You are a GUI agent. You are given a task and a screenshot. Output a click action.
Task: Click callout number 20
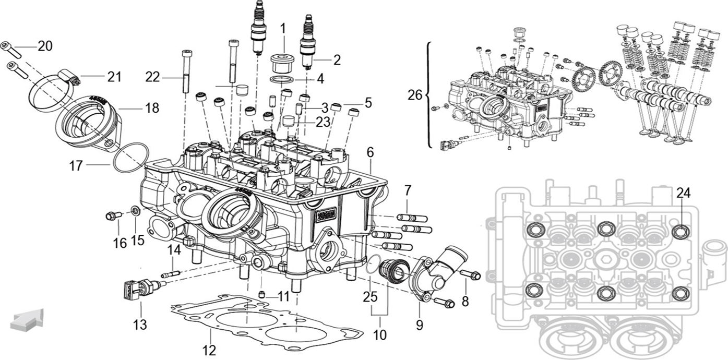click(45, 46)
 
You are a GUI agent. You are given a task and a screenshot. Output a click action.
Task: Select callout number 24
click(683, 193)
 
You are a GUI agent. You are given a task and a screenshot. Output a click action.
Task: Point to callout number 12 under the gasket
click(209, 349)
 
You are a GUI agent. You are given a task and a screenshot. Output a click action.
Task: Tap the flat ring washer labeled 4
click(283, 79)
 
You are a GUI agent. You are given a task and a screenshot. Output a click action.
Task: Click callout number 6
click(370, 153)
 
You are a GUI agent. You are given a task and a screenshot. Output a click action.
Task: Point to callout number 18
click(152, 108)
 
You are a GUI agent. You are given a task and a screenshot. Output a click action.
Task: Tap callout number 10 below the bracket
click(380, 334)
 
